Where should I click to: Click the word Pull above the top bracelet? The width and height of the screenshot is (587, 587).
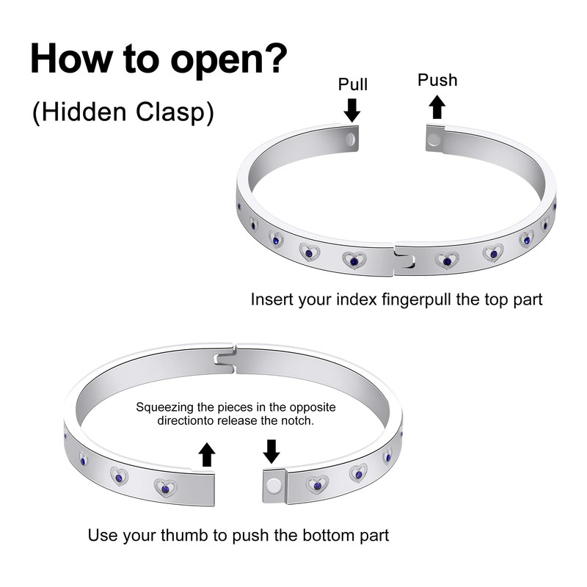[352, 84]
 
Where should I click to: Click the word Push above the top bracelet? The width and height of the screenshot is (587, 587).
[437, 80]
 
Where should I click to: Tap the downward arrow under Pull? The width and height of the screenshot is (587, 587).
[352, 110]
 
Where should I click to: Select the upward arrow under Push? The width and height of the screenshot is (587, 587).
[437, 106]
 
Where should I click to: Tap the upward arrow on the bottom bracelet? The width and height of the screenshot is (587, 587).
[207, 454]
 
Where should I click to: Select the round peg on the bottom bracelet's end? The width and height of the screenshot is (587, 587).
[274, 485]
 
